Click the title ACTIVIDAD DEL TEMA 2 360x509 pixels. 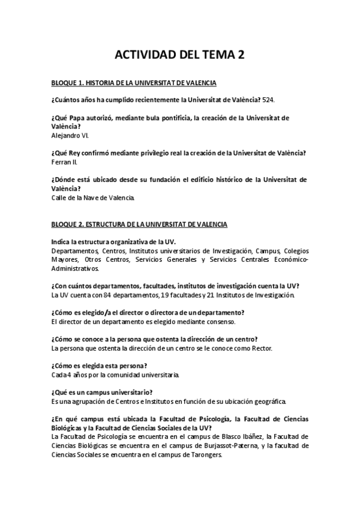point(179,55)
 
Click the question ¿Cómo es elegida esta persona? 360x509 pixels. point(100,366)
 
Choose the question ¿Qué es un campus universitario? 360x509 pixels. point(109,392)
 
